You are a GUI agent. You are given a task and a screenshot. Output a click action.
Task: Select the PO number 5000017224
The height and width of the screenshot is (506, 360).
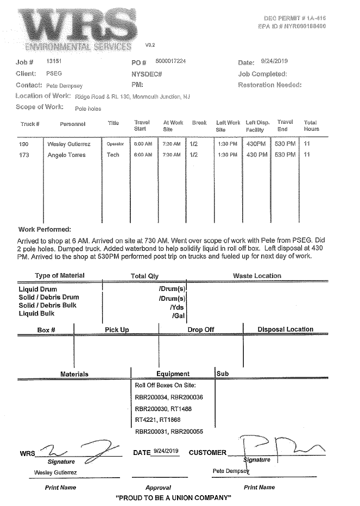pyautogui.click(x=170, y=61)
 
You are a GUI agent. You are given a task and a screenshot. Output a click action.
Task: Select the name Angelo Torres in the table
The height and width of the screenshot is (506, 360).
pyautogui.click(x=66, y=155)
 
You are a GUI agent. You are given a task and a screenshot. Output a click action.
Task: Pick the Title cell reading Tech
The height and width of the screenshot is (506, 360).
pyautogui.click(x=113, y=155)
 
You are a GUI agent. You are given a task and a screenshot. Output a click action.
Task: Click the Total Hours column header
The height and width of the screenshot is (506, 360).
pyautogui.click(x=311, y=126)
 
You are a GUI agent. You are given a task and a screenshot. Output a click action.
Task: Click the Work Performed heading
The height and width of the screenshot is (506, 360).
pyautogui.click(x=48, y=230)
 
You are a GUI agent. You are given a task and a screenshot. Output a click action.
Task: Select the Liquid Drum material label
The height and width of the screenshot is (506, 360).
pyautogui.click(x=37, y=289)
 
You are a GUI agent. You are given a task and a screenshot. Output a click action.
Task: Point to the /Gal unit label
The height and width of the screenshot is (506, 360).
pyautogui.click(x=179, y=314)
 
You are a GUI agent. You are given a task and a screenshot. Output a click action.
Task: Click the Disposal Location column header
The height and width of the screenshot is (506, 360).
pyautogui.click(x=285, y=330)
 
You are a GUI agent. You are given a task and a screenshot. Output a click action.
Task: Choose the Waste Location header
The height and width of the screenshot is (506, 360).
pyautogui.click(x=257, y=276)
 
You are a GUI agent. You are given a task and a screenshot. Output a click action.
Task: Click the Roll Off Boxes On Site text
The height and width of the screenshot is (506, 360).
pyautogui.click(x=161, y=385)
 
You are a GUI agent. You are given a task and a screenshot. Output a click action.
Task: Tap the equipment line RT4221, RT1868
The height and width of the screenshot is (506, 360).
pyautogui.click(x=157, y=420)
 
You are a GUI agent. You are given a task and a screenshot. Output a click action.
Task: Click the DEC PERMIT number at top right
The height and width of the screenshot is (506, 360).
pyautogui.click(x=294, y=18)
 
